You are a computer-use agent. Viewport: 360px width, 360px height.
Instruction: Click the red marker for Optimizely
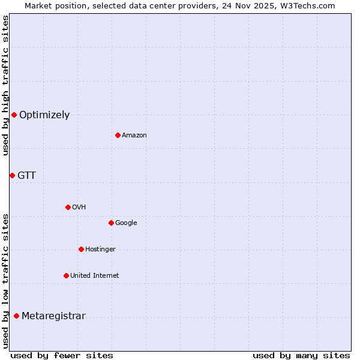[x=14, y=115]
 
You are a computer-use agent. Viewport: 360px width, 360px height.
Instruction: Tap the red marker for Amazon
[x=118, y=135]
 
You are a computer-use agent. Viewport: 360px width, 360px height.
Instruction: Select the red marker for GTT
[x=12, y=175]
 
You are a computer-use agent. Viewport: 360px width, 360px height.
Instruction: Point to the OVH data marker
[x=68, y=207]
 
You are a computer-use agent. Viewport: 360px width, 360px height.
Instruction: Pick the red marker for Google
[x=111, y=223]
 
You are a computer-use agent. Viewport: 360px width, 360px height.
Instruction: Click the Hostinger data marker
[x=81, y=249]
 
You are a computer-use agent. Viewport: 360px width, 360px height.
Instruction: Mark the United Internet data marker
[x=66, y=275]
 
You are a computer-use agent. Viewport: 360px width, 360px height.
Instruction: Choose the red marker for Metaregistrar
[x=16, y=316]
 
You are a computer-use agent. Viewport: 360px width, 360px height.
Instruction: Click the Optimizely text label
[x=44, y=115]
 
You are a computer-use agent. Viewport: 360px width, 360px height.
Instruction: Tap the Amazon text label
[x=134, y=136]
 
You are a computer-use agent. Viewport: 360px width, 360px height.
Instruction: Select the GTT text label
[x=26, y=176]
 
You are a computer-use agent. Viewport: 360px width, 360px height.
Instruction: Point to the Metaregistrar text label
[x=53, y=316]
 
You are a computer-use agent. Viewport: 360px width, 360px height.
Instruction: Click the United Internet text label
[x=95, y=276]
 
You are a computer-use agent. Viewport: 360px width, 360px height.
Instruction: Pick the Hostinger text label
[x=100, y=250]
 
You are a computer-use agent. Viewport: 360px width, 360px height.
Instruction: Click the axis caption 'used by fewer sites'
[x=62, y=356]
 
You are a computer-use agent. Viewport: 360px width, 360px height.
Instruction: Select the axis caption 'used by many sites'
[x=301, y=356]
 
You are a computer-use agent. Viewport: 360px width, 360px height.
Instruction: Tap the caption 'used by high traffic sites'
[x=5, y=85]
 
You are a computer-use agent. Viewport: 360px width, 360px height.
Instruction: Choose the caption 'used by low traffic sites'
[x=5, y=281]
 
